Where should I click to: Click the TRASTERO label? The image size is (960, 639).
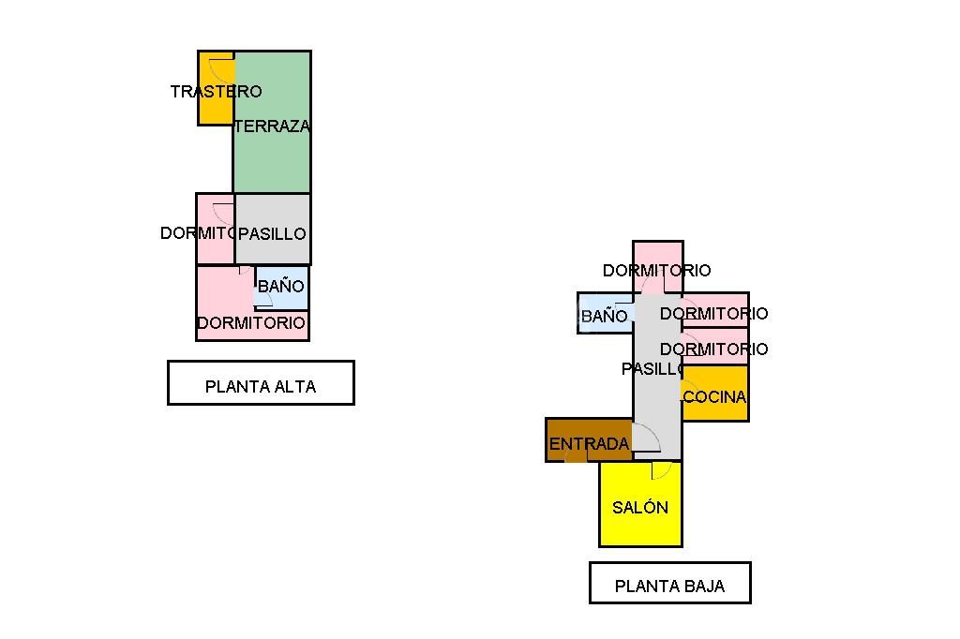(216, 92)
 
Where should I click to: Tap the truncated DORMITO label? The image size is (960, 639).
(197, 233)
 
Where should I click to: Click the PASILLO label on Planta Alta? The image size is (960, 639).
(272, 233)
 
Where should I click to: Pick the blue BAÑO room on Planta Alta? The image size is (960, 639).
(281, 286)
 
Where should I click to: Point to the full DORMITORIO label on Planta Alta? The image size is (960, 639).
(251, 323)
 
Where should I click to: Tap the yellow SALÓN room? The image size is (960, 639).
(640, 520)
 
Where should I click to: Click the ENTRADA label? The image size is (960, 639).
(589, 444)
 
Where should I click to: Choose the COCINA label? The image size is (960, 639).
(714, 396)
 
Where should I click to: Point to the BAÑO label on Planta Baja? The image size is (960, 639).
(604, 317)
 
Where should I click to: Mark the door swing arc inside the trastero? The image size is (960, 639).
(222, 68)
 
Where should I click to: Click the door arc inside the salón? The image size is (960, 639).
(662, 470)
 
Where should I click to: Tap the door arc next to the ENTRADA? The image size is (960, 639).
(648, 438)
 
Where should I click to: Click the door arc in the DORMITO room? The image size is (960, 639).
(224, 212)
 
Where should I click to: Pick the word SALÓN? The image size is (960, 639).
(640, 507)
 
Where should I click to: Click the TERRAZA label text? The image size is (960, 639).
(272, 126)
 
